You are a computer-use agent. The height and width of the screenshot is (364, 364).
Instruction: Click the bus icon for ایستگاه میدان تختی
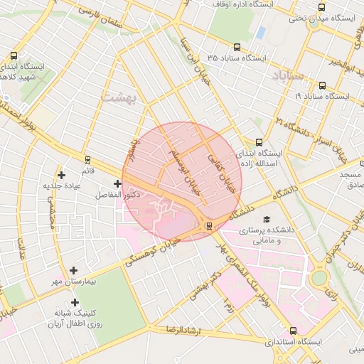point(322,7)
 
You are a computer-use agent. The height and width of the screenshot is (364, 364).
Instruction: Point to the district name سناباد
point(288,75)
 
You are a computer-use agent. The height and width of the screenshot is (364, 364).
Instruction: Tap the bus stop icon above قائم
point(87,160)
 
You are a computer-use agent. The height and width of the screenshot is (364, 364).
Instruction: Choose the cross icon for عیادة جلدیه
point(62,175)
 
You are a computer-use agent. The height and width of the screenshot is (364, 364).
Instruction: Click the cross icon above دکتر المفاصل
point(117,183)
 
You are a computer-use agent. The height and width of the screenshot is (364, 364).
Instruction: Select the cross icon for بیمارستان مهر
point(74,270)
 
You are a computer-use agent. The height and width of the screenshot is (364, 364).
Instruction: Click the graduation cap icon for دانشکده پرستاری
point(267,220)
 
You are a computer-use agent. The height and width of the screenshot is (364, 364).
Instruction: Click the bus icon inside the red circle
point(208,226)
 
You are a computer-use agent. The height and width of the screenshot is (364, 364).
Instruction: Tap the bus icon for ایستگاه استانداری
point(294,331)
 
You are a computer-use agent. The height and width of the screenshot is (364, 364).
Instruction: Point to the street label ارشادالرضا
point(181,331)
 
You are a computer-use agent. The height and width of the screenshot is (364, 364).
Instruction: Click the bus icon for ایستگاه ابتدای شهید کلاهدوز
point(14,55)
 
